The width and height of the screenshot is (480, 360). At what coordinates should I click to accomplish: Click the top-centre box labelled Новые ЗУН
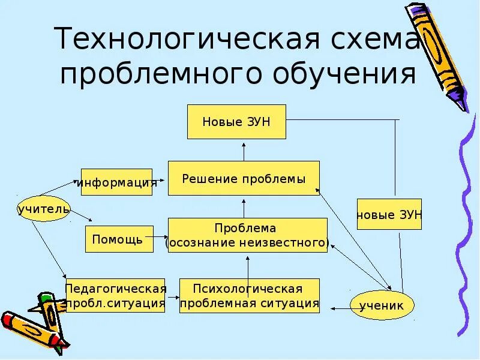[x=236, y=122]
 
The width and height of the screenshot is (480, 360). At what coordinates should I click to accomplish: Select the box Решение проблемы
[x=244, y=178]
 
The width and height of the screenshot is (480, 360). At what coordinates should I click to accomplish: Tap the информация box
[x=116, y=182]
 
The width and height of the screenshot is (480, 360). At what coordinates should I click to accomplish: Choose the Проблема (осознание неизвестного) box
[x=247, y=235]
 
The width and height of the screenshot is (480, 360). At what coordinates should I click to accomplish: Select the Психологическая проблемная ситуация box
[x=249, y=296]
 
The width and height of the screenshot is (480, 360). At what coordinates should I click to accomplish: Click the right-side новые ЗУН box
[x=389, y=214]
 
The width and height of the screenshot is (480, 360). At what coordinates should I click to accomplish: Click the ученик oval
[x=382, y=305]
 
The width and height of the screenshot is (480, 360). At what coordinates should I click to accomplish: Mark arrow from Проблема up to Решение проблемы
[x=244, y=206]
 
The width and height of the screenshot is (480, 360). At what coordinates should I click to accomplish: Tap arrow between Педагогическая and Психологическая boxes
[x=173, y=296]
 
